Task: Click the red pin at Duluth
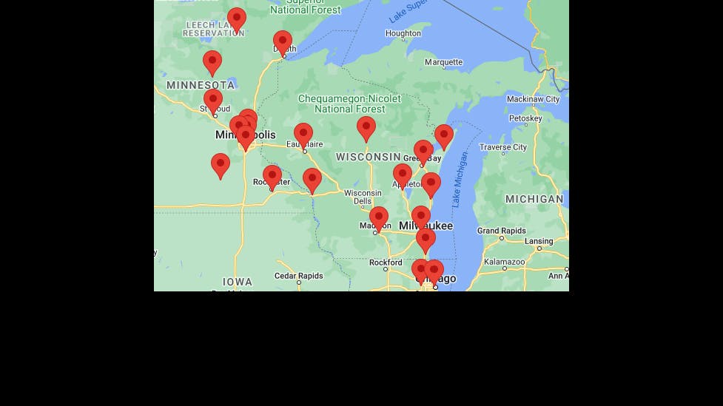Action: point(282,42)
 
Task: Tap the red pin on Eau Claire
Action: point(303,135)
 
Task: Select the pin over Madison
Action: point(378,218)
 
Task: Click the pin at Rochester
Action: point(272,176)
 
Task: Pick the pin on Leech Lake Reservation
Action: point(236,18)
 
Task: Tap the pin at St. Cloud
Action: point(213,100)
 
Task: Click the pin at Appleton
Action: point(402,175)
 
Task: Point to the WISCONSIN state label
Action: point(368,157)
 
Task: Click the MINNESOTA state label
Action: point(200,85)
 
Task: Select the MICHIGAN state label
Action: point(534,199)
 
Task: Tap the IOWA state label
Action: point(238,282)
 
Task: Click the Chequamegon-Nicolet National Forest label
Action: point(349,104)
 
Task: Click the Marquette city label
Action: point(443,63)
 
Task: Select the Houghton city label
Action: point(403,33)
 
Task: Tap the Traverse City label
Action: point(503,147)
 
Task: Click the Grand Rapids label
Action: point(501,231)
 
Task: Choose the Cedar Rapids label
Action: point(298,276)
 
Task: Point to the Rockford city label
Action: point(386,263)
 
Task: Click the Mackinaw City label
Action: point(533,99)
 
